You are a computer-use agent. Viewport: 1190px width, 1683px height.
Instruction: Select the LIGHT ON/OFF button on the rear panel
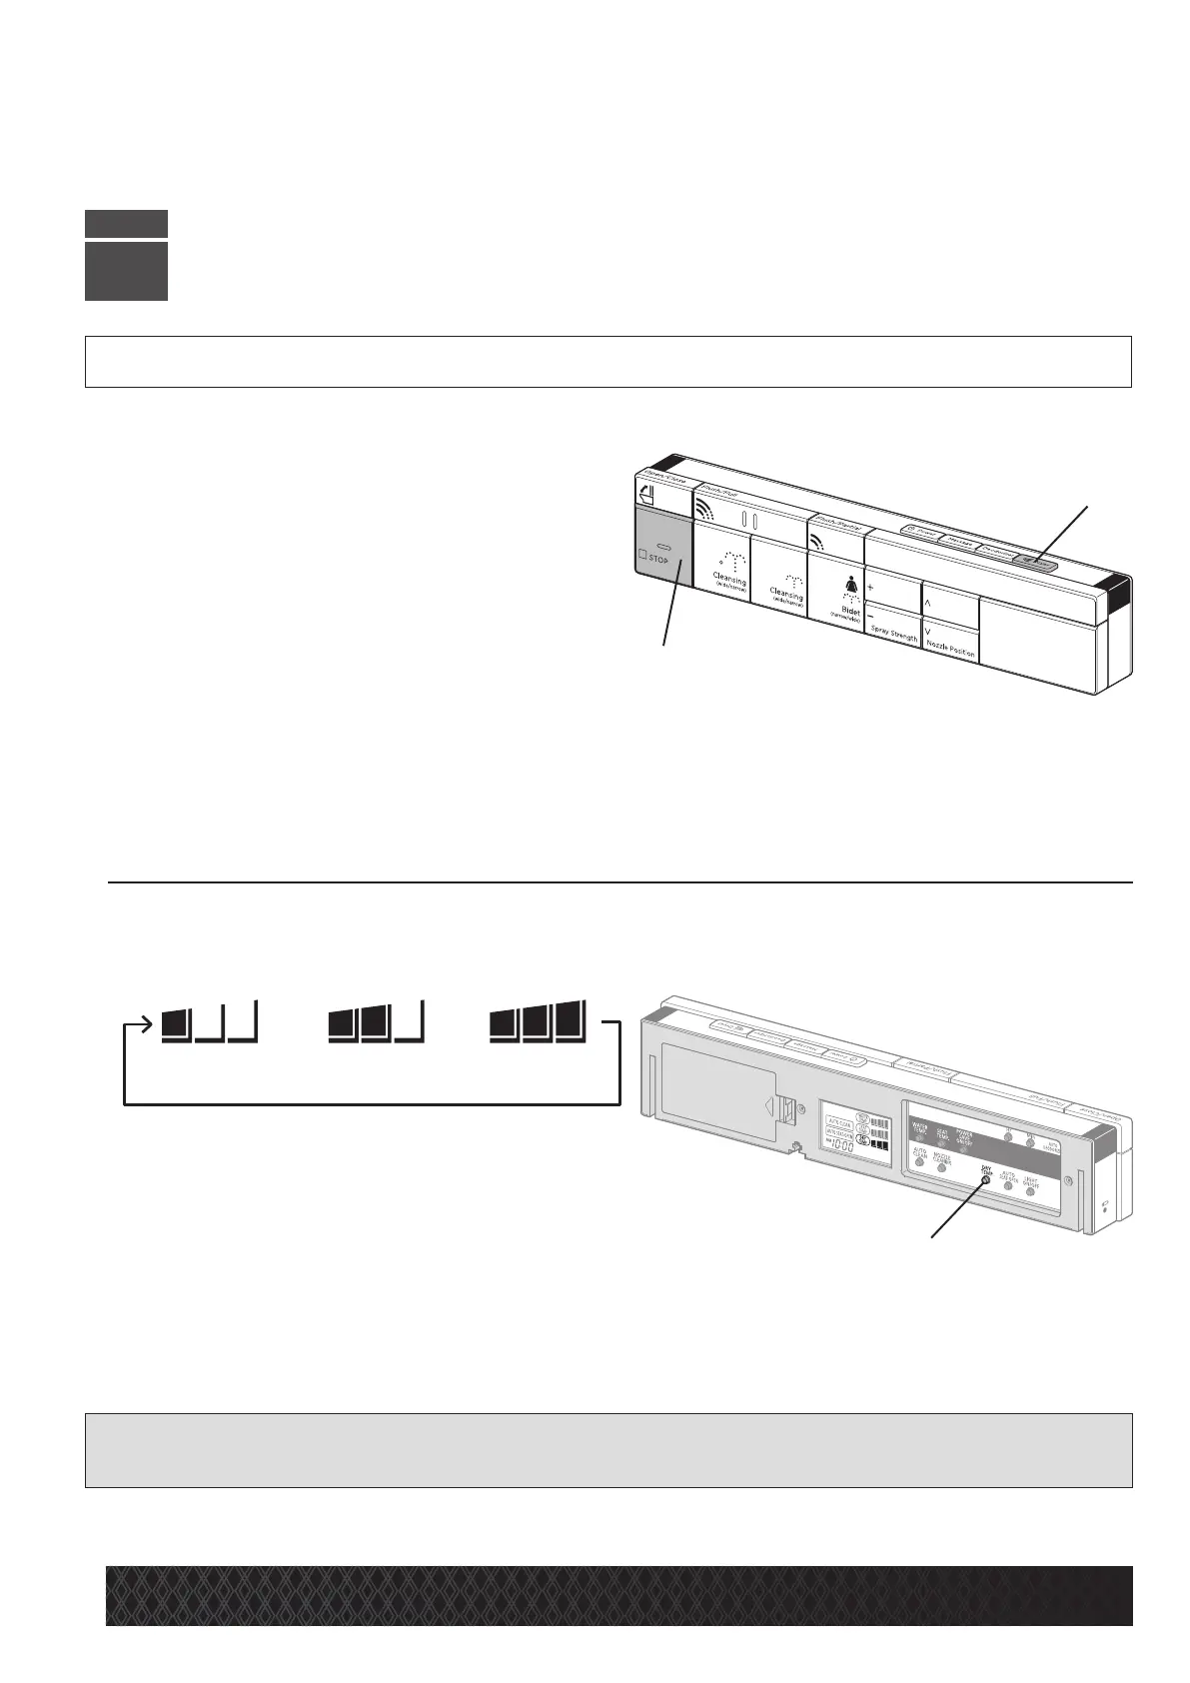[1030, 1192]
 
